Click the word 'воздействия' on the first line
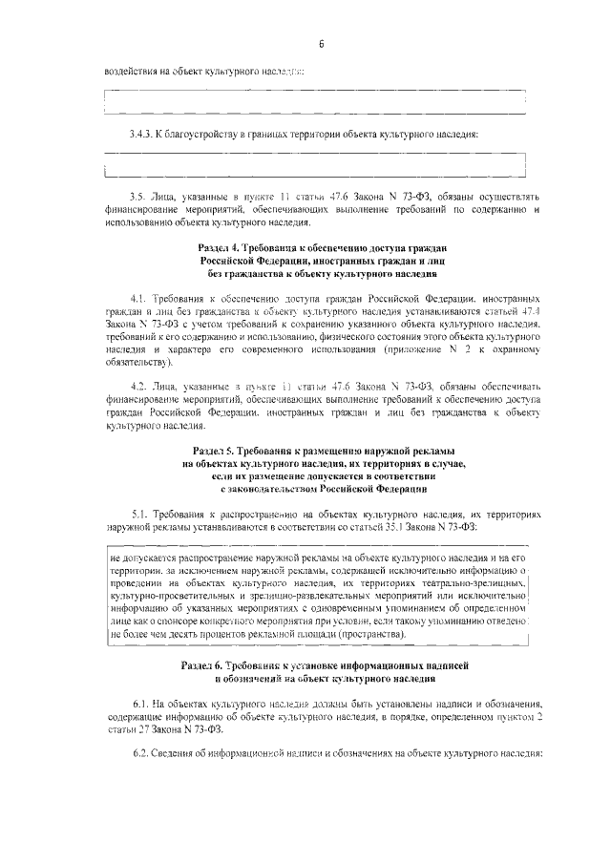(x=132, y=71)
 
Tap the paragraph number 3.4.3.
(x=142, y=134)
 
